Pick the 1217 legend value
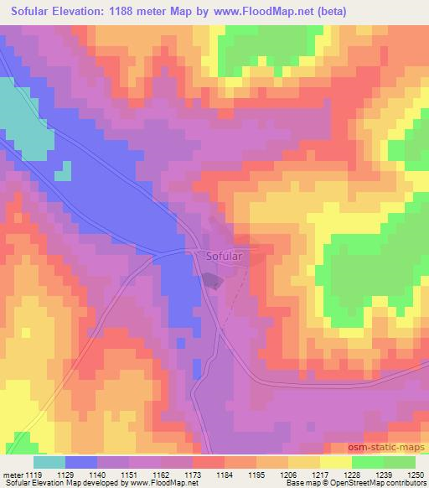pos(321,474)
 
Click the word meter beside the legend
pos(14,474)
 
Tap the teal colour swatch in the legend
pos(49,462)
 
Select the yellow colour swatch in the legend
pos(335,462)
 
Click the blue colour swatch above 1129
pos(81,462)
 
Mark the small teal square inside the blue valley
pos(63,174)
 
